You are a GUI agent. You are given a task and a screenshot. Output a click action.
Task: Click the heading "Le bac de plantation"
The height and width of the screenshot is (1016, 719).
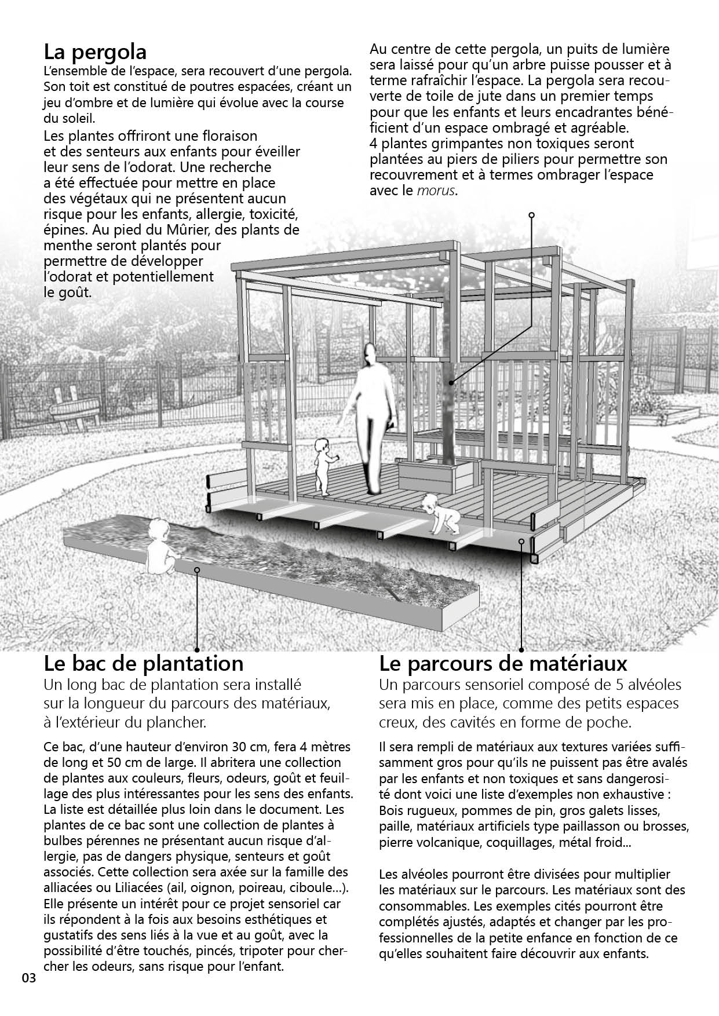tap(144, 663)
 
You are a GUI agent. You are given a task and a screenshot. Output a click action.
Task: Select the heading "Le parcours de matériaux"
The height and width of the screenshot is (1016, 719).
tap(503, 663)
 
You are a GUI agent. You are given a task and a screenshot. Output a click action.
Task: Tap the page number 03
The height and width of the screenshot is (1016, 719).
tap(29, 978)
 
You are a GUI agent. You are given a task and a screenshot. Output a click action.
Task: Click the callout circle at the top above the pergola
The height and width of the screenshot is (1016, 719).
tap(531, 215)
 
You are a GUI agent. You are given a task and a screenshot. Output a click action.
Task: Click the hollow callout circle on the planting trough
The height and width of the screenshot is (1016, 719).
tap(197, 570)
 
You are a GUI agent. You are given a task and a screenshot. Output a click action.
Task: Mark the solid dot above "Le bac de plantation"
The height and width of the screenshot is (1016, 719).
tap(197, 649)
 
